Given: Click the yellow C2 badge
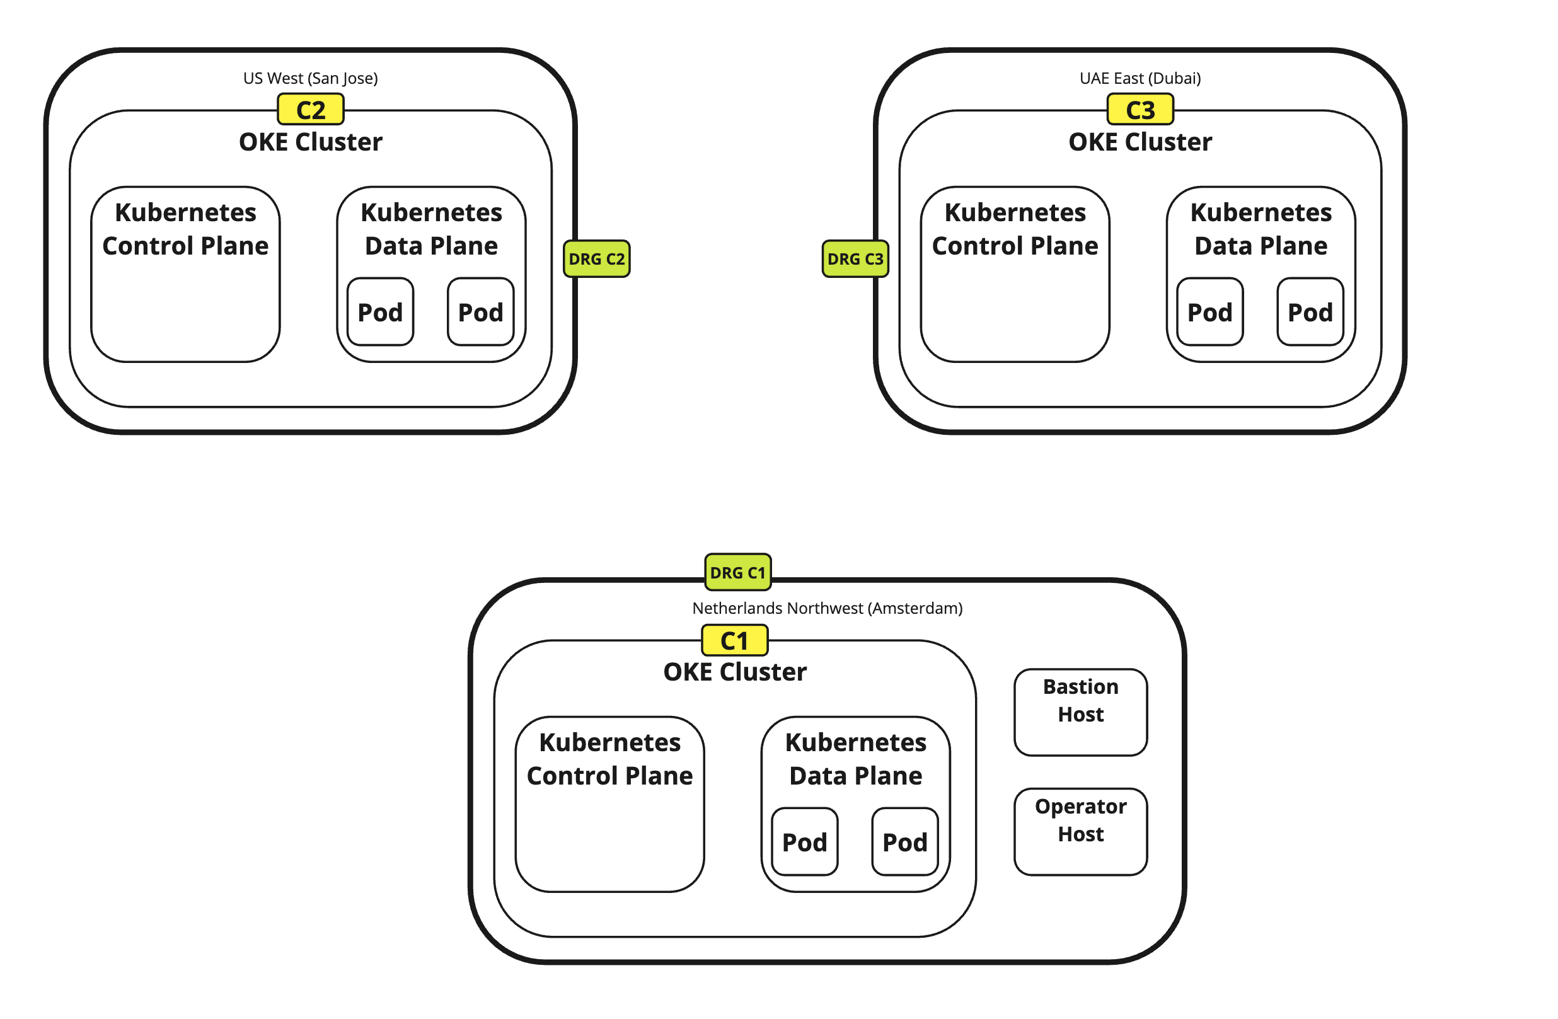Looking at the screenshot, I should pyautogui.click(x=310, y=110).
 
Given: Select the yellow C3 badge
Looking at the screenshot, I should pyautogui.click(x=1140, y=110).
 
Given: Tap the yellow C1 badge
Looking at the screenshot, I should pyautogui.click(x=734, y=641).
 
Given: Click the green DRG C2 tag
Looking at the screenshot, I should pyautogui.click(x=596, y=259).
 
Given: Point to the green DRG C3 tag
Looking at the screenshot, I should pyautogui.click(x=855, y=259).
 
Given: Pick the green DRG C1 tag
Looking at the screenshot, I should pyautogui.click(x=738, y=573).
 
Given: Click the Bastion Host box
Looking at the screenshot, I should pyautogui.click(x=1080, y=712).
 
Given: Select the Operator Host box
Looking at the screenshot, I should pyautogui.click(x=1080, y=832).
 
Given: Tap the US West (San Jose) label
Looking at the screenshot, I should pyautogui.click(x=310, y=79).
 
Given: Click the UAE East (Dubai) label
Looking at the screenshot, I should pyautogui.click(x=1140, y=79).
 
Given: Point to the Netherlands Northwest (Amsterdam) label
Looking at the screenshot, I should pyautogui.click(x=827, y=609).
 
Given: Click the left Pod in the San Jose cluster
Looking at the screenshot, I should pyautogui.click(x=380, y=312).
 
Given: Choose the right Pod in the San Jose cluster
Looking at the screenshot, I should pyautogui.click(x=480, y=312).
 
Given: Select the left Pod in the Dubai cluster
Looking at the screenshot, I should pyautogui.click(x=1209, y=312).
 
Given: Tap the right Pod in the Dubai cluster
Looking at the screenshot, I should pyautogui.click(x=1310, y=312).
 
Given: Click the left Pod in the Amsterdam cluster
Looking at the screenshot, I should pyautogui.click(x=805, y=843).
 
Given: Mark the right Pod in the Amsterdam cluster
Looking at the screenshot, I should pyautogui.click(x=904, y=843).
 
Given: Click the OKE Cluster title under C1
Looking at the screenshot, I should pyautogui.click(x=734, y=672).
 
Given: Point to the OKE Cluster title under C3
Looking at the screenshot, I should pyautogui.click(x=1140, y=142).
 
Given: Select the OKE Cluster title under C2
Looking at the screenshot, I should pyautogui.click(x=310, y=142).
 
